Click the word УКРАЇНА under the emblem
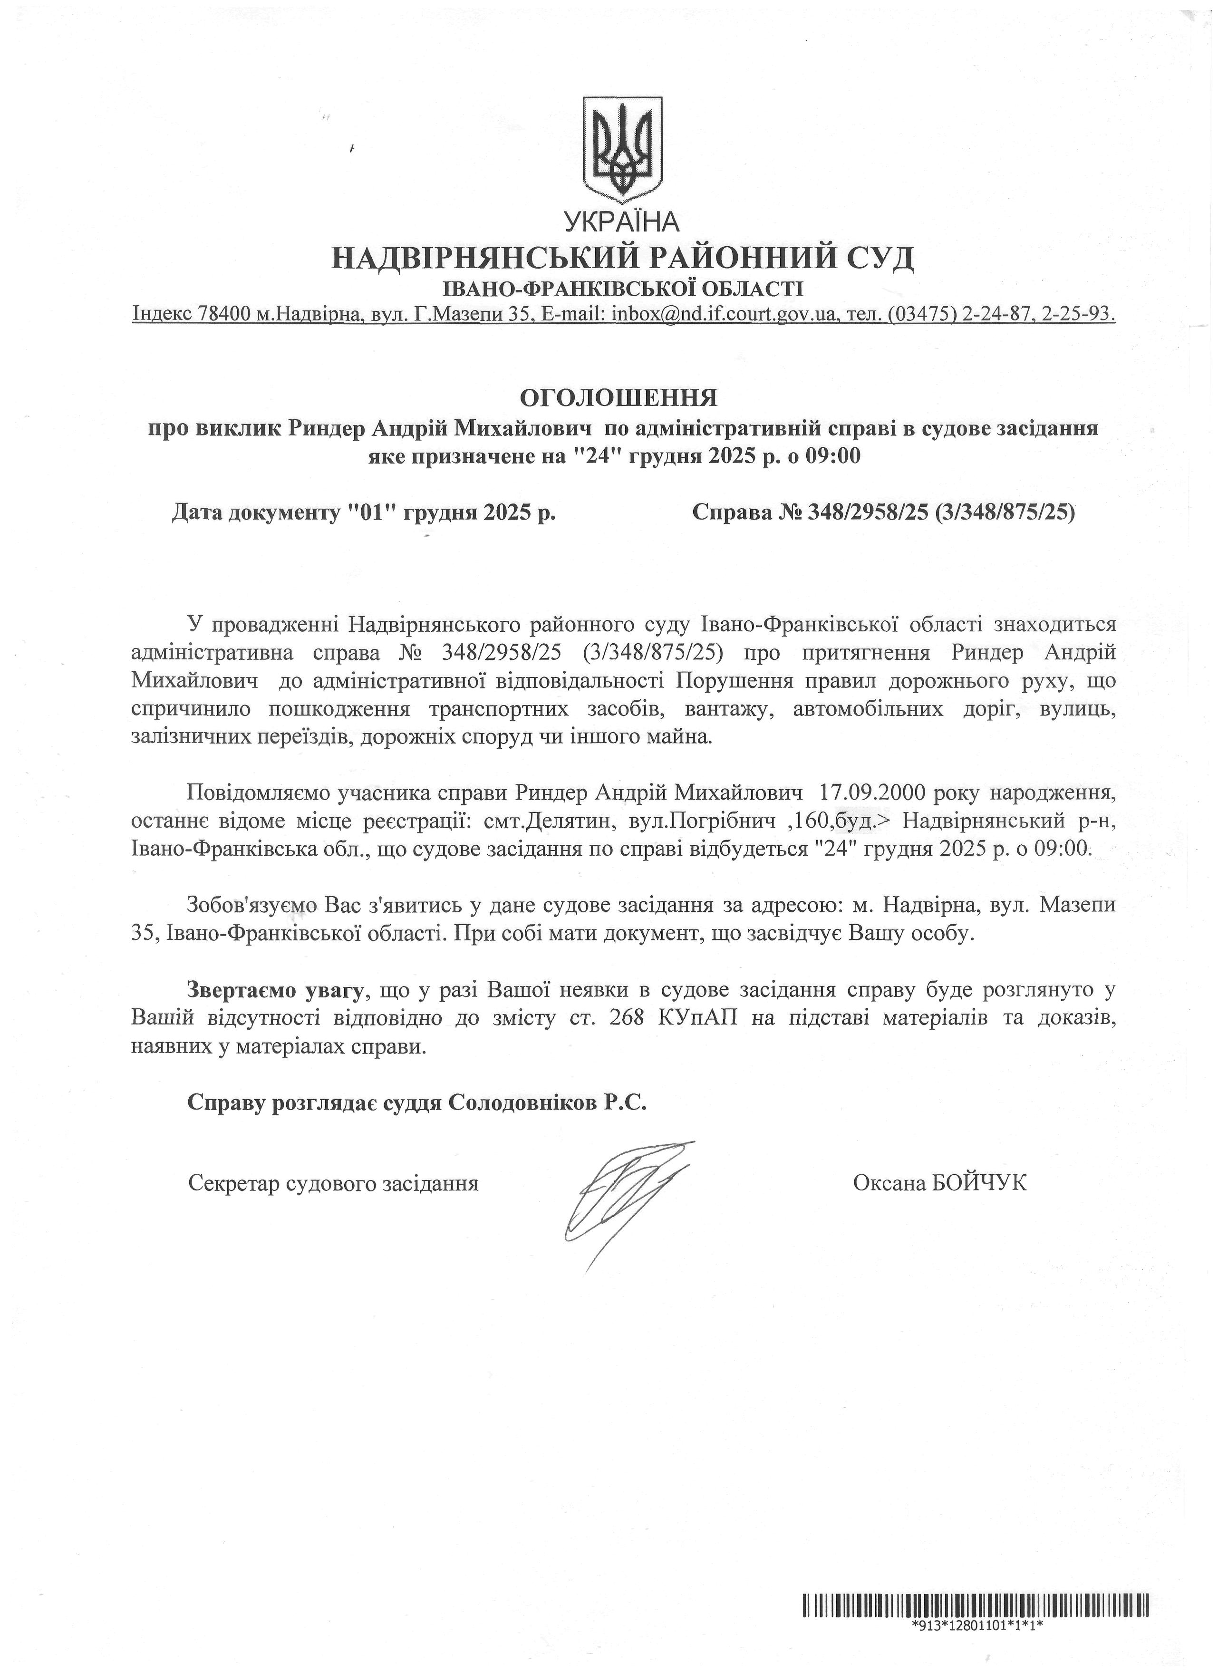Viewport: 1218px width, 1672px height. click(x=621, y=221)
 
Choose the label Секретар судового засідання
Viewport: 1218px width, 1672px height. click(x=333, y=1183)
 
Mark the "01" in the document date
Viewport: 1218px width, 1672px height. click(x=376, y=512)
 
